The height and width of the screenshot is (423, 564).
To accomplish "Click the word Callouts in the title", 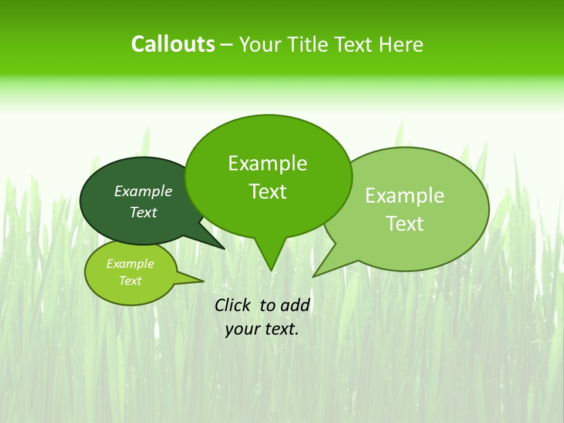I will [x=173, y=44].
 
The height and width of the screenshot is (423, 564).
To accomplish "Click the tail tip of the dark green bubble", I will [x=223, y=249].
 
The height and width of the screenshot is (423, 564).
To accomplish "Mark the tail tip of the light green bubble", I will [x=315, y=275].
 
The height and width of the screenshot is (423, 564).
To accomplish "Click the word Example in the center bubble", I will [x=267, y=163].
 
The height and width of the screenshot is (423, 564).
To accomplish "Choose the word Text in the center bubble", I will [x=267, y=192].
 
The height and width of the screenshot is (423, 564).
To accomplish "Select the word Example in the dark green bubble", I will [x=143, y=191].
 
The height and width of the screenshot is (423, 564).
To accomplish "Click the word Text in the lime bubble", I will [x=130, y=281].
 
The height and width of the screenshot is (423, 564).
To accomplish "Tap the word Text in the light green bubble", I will [x=405, y=224].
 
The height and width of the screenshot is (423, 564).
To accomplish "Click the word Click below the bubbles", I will [x=234, y=305].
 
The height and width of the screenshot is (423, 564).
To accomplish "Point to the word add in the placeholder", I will [x=294, y=305].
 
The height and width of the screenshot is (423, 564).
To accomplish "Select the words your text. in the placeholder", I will [x=262, y=329].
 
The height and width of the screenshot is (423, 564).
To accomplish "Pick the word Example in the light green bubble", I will [x=405, y=196].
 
